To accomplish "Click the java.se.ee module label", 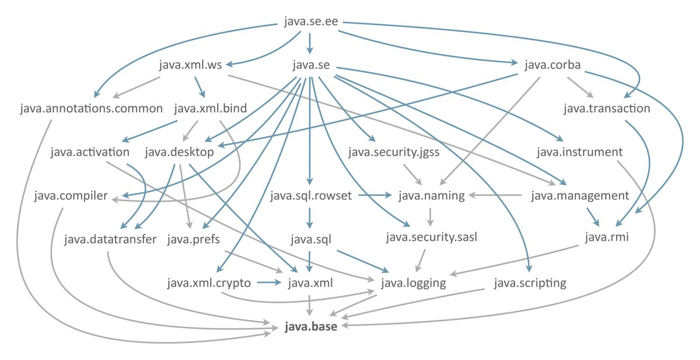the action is click(311, 22).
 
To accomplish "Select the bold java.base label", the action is click(310, 326).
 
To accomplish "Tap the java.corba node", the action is click(552, 65).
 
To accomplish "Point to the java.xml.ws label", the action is click(190, 65).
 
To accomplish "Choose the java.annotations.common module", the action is click(91, 109).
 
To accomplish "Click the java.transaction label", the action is click(607, 109).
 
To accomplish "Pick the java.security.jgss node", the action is click(394, 152).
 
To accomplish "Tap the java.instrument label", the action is click(580, 152).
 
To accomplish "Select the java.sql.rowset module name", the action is click(311, 195).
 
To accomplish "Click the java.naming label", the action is click(432, 195).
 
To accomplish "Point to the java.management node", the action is click(580, 195).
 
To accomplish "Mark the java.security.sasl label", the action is click(432, 237).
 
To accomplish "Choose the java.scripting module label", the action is click(530, 283).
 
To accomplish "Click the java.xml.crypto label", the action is click(209, 283).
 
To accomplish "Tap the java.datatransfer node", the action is click(110, 239).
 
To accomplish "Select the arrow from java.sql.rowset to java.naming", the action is click(374, 195).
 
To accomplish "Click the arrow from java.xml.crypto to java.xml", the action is click(269, 282).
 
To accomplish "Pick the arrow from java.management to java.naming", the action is click(495, 195).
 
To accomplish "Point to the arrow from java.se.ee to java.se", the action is click(310, 44).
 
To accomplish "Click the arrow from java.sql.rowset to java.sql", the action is click(310, 218).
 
